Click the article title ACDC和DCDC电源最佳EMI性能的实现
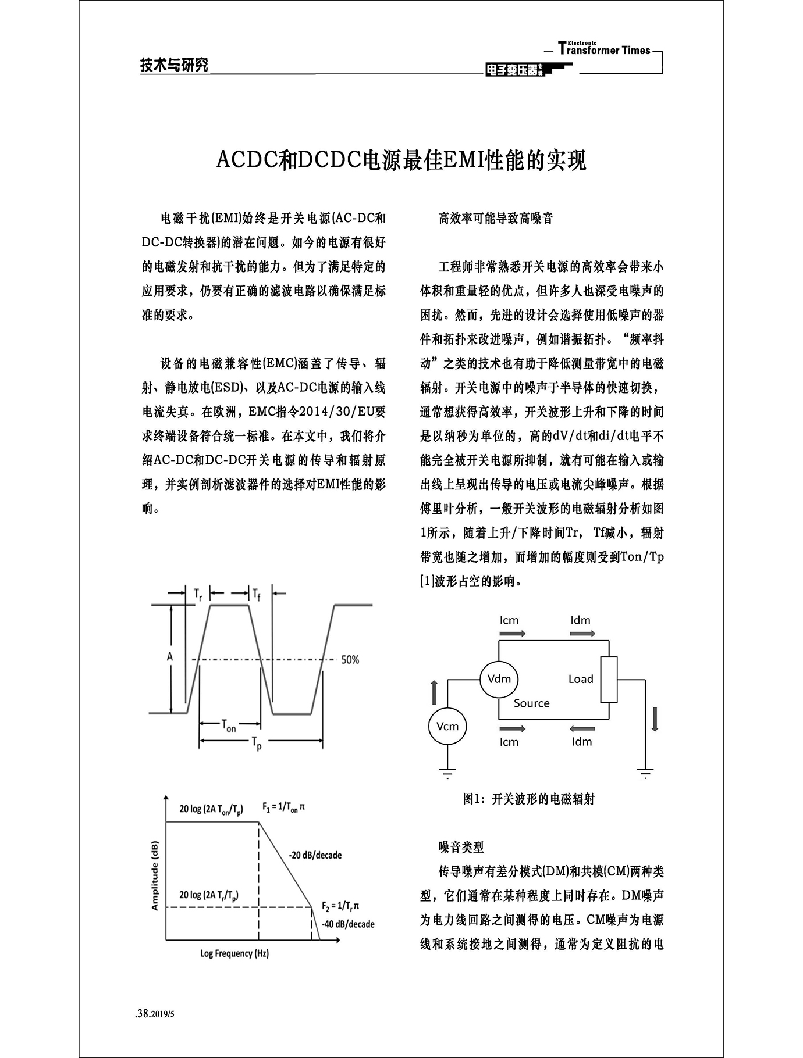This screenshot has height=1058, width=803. tap(401, 160)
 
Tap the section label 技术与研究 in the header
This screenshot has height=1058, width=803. tap(174, 65)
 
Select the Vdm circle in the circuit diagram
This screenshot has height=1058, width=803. tap(499, 678)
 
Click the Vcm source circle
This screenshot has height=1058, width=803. tap(447, 726)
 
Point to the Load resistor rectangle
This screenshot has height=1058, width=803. tap(609, 680)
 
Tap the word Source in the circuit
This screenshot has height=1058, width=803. tap(531, 703)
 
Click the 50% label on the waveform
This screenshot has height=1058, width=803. tap(350, 660)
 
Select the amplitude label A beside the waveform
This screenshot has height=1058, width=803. tap(170, 656)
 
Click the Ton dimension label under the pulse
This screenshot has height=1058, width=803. tap(229, 725)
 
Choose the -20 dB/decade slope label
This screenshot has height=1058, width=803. tap(315, 855)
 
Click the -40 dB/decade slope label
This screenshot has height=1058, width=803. tap(348, 924)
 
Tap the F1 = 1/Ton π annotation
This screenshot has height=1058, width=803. tap(283, 807)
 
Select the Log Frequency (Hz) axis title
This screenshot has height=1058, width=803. tap(234, 953)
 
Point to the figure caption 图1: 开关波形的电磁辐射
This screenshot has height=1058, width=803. tap(528, 799)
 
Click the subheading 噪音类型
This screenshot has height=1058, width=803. tap(461, 848)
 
